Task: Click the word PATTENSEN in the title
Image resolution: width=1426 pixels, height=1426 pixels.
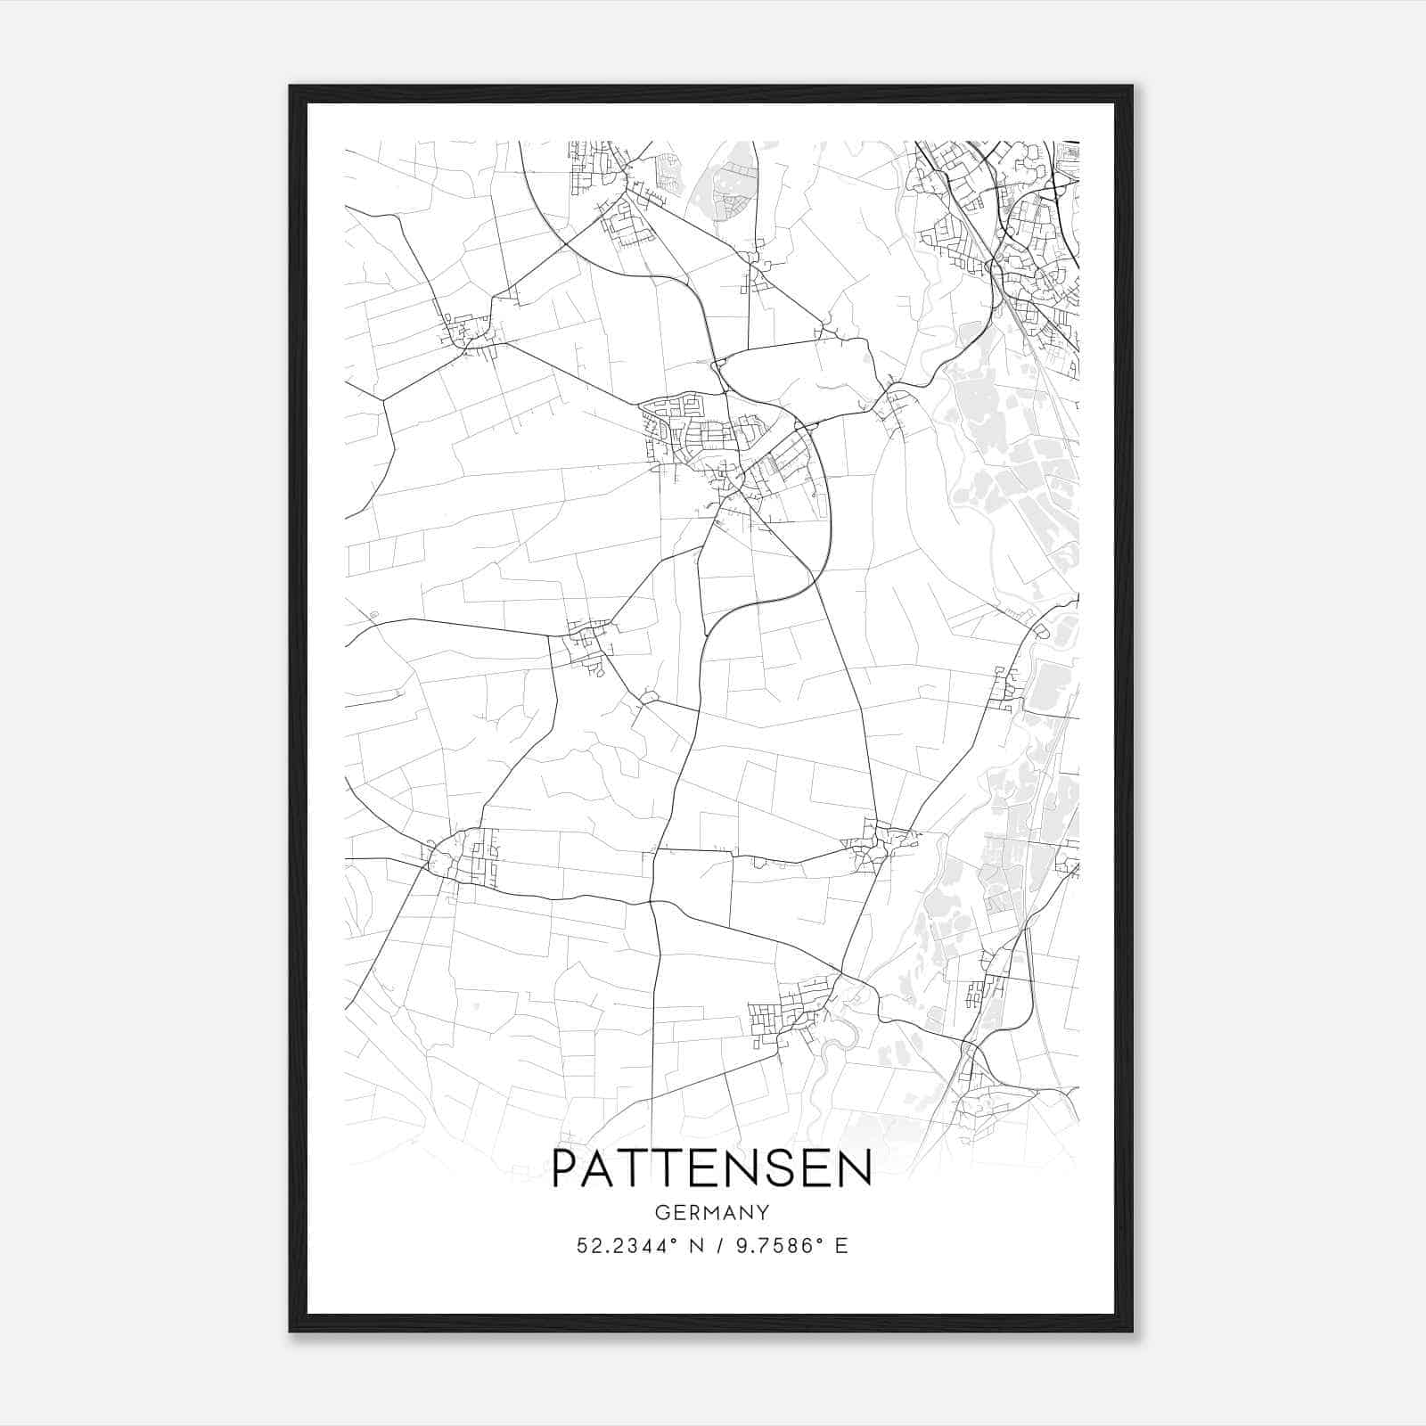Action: (712, 1168)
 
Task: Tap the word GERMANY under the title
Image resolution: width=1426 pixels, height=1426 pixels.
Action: (712, 1213)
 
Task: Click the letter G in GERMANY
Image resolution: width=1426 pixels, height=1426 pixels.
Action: (661, 1213)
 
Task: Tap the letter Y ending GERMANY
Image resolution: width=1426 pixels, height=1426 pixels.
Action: (764, 1213)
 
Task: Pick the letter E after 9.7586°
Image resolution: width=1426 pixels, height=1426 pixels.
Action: (841, 1246)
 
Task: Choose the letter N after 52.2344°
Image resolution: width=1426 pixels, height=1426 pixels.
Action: (691, 1246)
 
